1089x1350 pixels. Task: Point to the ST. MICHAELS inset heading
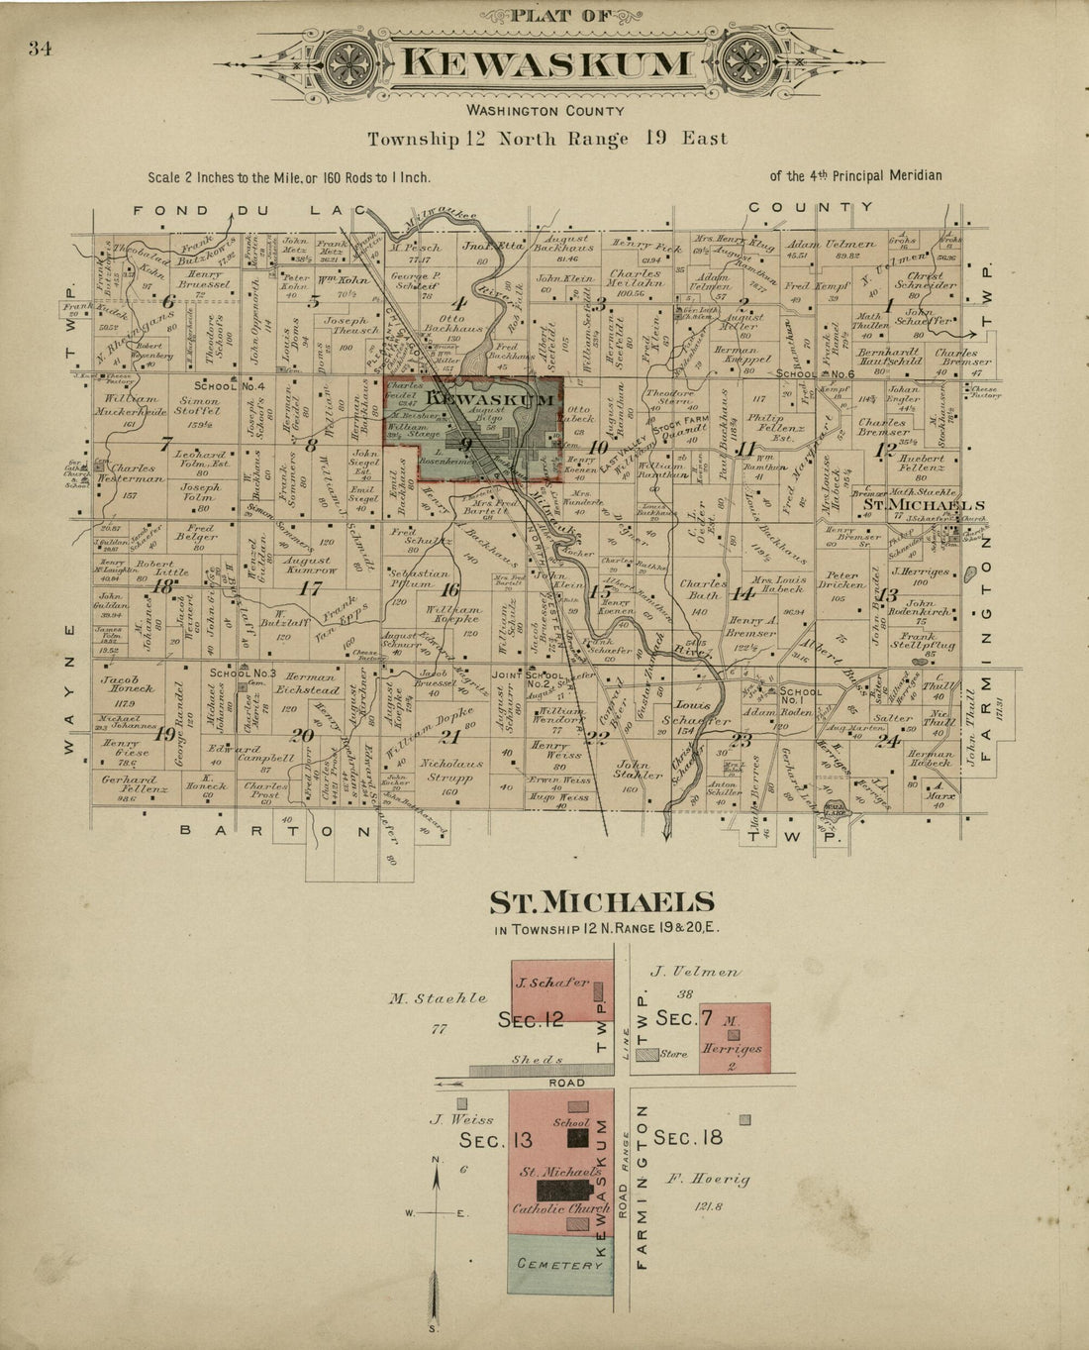[x=602, y=902]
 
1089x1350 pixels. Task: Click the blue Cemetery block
[x=559, y=1265]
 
